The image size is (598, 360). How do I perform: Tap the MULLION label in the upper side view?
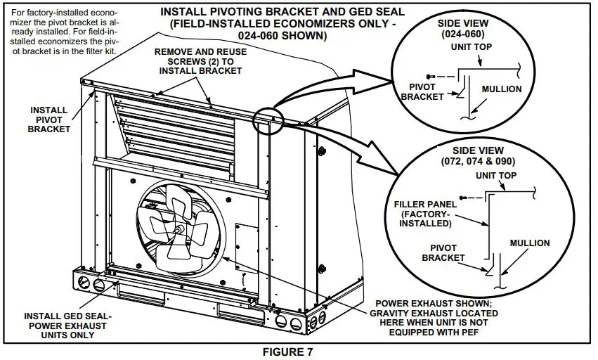502,89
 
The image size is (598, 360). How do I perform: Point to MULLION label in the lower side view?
530,243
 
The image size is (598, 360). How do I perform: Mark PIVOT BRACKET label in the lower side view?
443,253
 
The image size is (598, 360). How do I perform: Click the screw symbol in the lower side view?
462,199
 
